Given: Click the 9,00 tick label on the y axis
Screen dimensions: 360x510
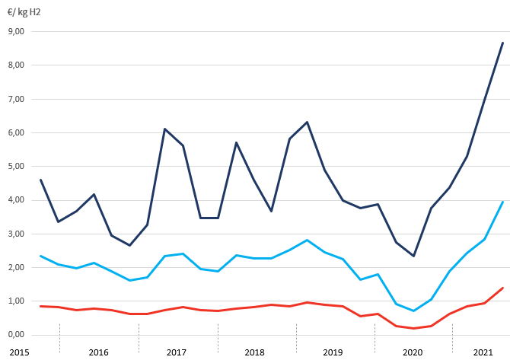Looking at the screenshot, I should [x=16, y=32].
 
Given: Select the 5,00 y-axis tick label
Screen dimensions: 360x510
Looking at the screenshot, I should [x=16, y=166].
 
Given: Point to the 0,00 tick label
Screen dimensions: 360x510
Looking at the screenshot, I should [x=16, y=335].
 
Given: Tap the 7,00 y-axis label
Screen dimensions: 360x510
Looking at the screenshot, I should [x=16, y=99].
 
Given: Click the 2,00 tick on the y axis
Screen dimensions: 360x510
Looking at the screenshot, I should [x=16, y=267].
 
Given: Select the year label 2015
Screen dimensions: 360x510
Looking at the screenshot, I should [x=20, y=352].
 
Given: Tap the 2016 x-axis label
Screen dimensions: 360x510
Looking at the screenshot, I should [x=98, y=352].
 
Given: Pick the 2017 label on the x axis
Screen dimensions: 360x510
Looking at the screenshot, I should [x=177, y=352].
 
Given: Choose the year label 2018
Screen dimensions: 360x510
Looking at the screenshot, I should [x=255, y=352].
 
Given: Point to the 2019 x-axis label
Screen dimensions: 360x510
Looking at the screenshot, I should [x=333, y=352].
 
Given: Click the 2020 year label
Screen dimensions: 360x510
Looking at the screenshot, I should [x=412, y=352].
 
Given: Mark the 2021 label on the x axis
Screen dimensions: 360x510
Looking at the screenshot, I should [x=481, y=352].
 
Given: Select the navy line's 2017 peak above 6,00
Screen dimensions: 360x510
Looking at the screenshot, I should [x=164, y=129].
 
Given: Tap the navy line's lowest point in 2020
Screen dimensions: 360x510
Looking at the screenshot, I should [x=413, y=256].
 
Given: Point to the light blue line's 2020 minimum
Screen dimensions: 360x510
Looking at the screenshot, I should [x=413, y=311].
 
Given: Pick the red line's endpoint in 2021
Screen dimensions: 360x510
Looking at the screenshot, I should [x=502, y=288].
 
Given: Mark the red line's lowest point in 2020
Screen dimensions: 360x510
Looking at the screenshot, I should [x=413, y=328].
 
